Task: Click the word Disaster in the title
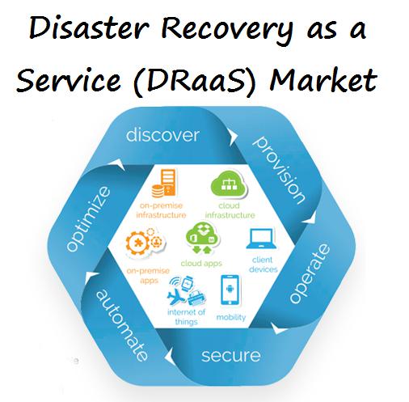coord(89,28)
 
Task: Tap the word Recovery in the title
coord(227,31)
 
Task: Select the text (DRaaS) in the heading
coord(193,80)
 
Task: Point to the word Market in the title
coord(323,79)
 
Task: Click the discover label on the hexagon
coord(162,135)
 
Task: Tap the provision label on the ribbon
coord(279,169)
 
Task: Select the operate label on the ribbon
coord(310,273)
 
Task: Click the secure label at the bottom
coord(230,356)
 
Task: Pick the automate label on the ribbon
coord(122,325)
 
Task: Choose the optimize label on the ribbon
coord(88,218)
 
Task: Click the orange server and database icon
coord(163,183)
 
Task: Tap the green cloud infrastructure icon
coord(229,184)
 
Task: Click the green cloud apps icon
coord(202,238)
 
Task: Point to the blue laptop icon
coord(261,239)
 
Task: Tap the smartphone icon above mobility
coord(230,290)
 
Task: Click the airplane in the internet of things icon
coord(175,296)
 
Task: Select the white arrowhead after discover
coord(233,137)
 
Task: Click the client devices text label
coord(263,264)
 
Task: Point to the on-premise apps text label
coord(148,276)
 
